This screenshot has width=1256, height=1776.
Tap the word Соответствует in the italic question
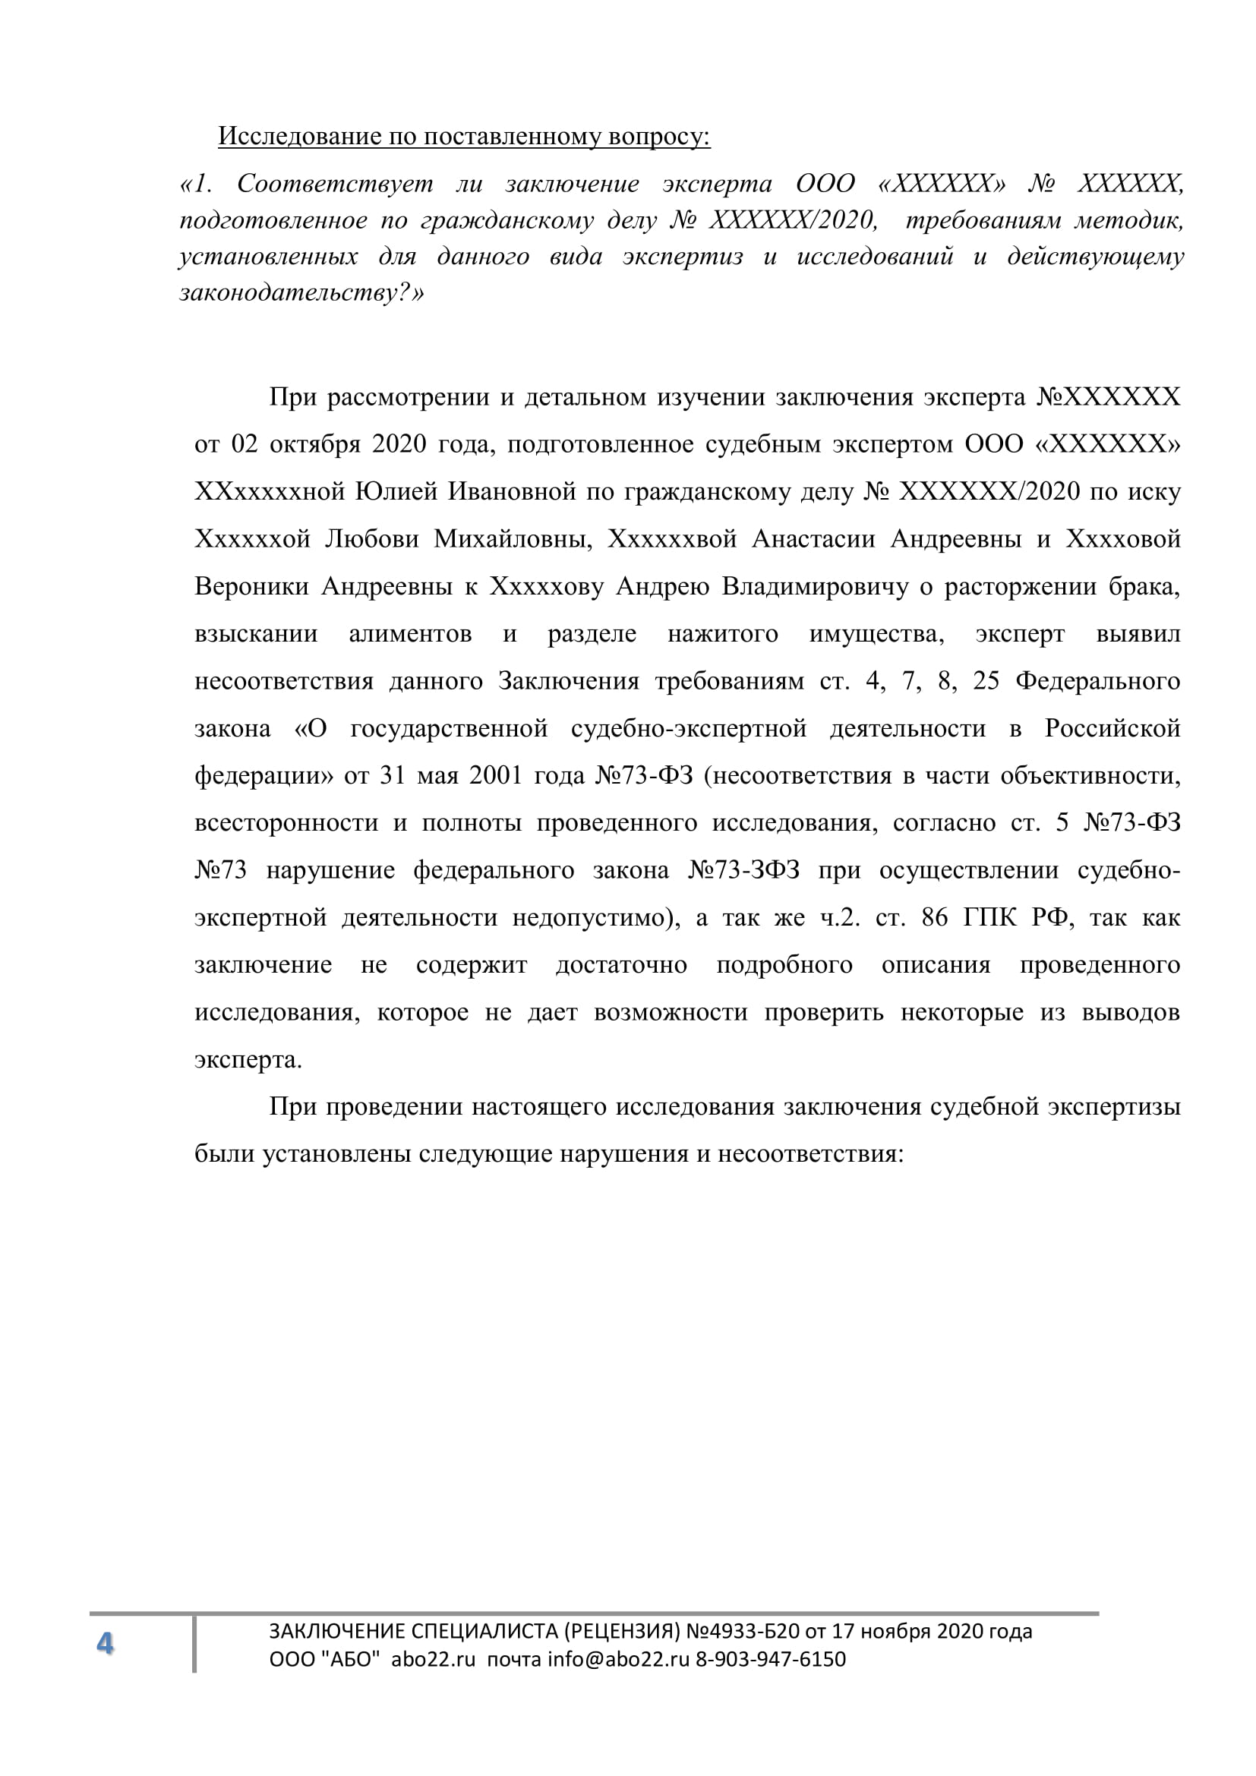(334, 184)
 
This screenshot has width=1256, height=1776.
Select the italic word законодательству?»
(302, 293)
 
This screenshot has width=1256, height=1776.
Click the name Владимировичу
(815, 586)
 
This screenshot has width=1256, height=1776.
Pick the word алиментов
(410, 633)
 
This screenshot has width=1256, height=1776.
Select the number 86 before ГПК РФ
(935, 917)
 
